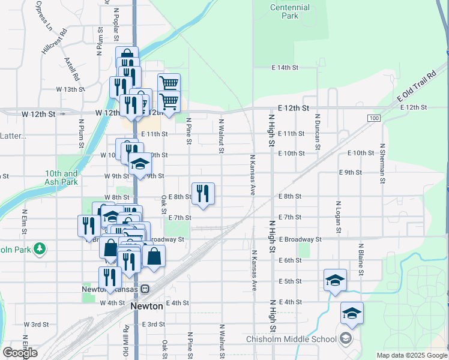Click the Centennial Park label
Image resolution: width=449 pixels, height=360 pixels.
pyautogui.click(x=290, y=11)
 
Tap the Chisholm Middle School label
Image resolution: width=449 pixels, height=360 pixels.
pyautogui.click(x=292, y=339)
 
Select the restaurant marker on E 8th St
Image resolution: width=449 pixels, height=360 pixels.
pyautogui.click(x=203, y=194)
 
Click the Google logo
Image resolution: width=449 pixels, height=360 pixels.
pyautogui.click(x=20, y=352)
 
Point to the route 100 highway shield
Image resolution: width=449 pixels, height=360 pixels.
pyautogui.click(x=374, y=118)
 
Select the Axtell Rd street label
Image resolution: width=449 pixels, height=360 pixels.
pyautogui.click(x=72, y=69)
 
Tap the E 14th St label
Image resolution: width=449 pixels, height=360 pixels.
pyautogui.click(x=285, y=68)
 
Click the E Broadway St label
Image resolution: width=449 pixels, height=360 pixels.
pyautogui.click(x=300, y=239)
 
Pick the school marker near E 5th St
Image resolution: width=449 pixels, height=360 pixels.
pyautogui.click(x=335, y=280)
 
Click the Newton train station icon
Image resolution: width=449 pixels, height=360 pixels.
pyautogui.click(x=145, y=289)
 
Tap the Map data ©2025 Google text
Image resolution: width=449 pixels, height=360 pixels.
pyautogui.click(x=411, y=355)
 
